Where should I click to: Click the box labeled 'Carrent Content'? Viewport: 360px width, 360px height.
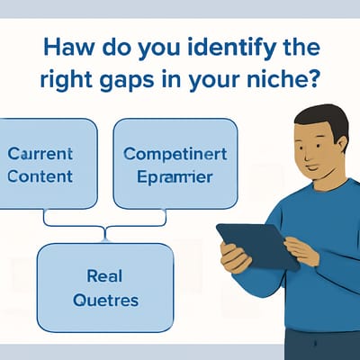pyautogui.click(x=49, y=164)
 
